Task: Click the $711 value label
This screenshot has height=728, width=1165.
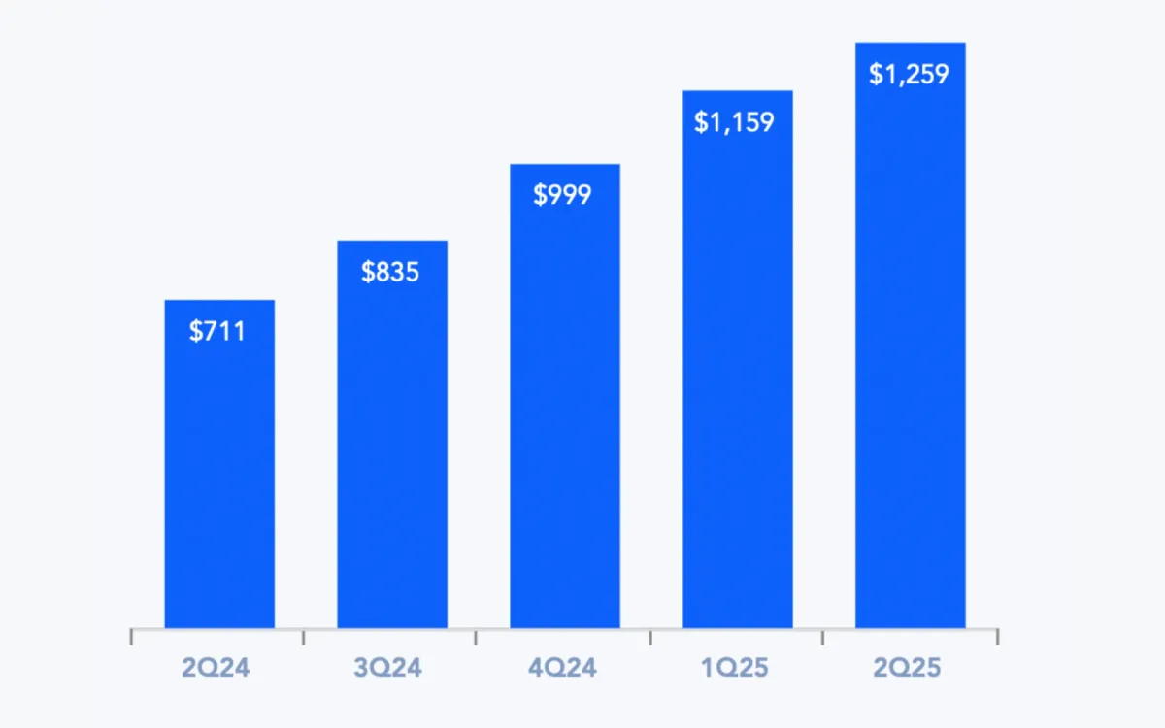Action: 217,331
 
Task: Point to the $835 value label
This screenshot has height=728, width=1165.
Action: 390,272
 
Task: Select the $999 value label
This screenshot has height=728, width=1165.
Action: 562,194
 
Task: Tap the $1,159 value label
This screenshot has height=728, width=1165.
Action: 735,122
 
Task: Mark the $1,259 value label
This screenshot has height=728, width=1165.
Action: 909,74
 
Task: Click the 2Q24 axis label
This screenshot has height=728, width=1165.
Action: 216,668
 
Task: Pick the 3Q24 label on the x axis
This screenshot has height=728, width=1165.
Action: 389,668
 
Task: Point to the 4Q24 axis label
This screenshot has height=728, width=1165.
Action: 563,668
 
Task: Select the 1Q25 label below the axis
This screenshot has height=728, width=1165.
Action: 735,668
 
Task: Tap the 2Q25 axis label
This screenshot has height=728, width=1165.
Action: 908,668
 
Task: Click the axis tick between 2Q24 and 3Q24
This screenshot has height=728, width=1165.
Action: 304,637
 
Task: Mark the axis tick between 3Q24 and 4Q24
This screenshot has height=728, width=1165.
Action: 477,637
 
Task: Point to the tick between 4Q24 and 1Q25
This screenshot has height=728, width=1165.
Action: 650,637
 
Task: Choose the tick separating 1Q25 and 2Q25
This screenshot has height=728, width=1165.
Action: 823,637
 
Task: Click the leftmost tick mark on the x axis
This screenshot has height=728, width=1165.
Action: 132,637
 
